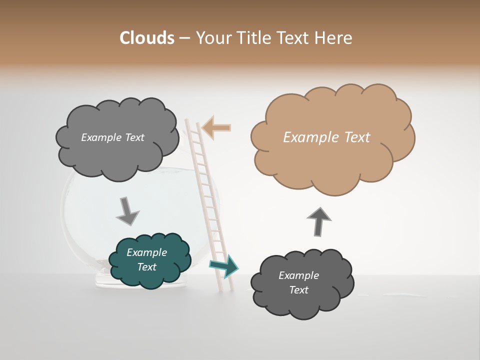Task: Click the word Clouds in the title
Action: pos(146,38)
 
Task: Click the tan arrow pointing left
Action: pos(217,127)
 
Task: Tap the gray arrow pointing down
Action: pos(127,211)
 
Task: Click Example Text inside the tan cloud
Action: pos(326,137)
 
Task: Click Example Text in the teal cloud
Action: pos(146,260)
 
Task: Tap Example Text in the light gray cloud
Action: pos(112,137)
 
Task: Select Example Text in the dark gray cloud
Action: pos(298,282)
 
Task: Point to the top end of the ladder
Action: pos(192,121)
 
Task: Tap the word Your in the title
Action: pos(214,38)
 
